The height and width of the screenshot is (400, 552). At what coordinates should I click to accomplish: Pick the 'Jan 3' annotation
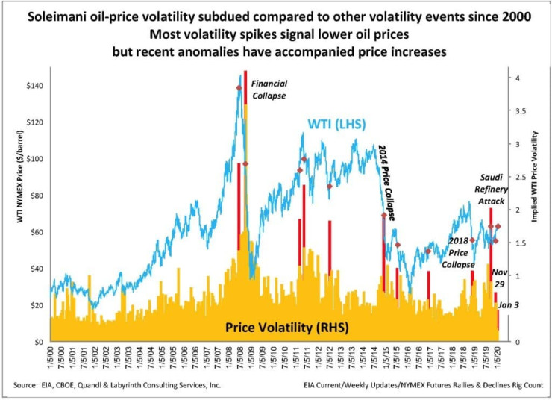510,307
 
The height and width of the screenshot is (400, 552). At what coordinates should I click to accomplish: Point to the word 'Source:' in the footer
28,385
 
